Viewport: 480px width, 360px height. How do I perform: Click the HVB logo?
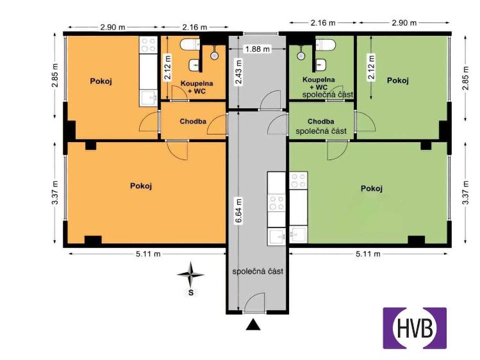coord(415,328)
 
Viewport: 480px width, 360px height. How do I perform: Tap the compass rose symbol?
coord(190,274)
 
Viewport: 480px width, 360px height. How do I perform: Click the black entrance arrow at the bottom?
coord(253,325)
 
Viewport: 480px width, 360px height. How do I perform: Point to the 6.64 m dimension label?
coord(238,211)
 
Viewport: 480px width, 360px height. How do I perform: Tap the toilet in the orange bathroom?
coord(190,45)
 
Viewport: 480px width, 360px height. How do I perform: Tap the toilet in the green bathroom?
coord(326,45)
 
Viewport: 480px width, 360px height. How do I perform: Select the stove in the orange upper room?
coord(149,45)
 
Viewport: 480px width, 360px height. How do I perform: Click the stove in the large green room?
coord(299,181)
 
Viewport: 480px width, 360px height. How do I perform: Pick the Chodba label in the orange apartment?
coord(193,122)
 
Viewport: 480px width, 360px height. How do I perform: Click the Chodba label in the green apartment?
coord(321,122)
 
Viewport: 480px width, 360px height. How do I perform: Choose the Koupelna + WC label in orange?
coord(197,87)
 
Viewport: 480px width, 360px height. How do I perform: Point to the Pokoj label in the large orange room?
coord(141,186)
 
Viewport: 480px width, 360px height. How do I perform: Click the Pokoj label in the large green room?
coord(372,188)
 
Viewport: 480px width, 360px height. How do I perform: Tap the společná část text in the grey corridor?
coord(258,272)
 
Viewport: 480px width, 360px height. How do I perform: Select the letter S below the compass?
coord(191,293)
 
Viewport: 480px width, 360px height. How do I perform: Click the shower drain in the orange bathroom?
coord(215,56)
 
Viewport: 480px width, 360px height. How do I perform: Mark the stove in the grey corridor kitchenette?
coord(277,203)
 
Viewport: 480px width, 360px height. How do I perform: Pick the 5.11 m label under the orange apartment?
coord(148,254)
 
